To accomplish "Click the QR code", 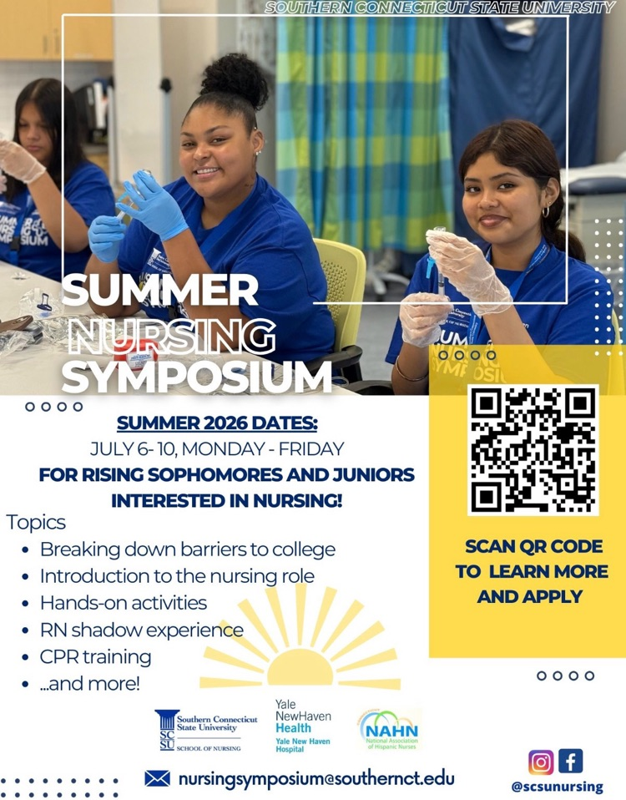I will click(x=533, y=450).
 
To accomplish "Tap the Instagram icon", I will click(x=541, y=762).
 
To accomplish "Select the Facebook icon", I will click(x=571, y=762).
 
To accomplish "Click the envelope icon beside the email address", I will click(x=157, y=778).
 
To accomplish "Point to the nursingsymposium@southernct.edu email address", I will click(x=316, y=778).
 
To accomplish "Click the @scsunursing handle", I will click(x=557, y=787).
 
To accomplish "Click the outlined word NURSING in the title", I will click(x=171, y=337).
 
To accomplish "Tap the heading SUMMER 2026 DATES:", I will click(x=217, y=423).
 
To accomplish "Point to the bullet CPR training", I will click(x=95, y=656).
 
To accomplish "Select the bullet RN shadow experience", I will click(x=142, y=630).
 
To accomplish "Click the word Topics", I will click(x=36, y=523).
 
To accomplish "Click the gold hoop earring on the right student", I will click(x=546, y=212).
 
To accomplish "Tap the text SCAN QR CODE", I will click(x=533, y=547).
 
